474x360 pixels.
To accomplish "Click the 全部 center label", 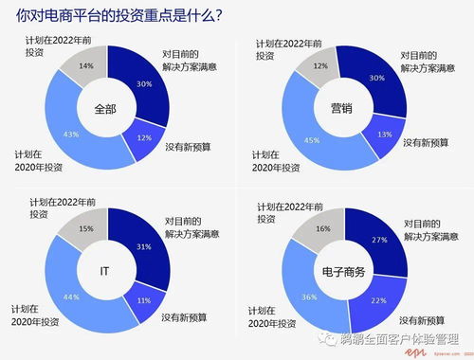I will (107, 109).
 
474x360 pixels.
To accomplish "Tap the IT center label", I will (107, 270).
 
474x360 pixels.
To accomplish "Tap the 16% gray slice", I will (322, 228).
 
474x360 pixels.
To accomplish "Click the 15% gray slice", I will (85, 228).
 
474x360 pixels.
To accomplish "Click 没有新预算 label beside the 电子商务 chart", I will (426, 314).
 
